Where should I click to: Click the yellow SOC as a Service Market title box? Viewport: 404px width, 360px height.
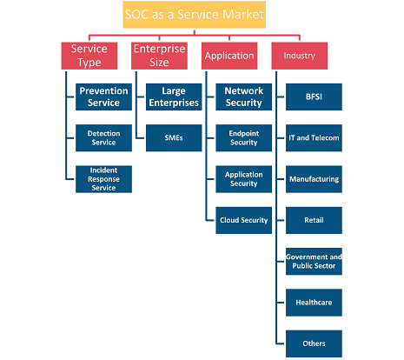[195, 15]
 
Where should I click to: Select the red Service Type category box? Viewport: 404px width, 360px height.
[89, 56]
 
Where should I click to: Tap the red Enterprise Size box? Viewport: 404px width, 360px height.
[159, 56]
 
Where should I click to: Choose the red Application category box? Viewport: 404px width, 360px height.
[229, 56]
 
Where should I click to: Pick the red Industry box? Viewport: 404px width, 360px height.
[300, 56]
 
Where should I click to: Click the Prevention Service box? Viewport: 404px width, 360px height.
[103, 97]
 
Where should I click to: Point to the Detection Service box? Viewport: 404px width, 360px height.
[103, 138]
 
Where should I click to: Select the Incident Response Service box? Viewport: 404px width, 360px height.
[103, 179]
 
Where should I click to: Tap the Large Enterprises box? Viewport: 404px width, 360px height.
[174, 97]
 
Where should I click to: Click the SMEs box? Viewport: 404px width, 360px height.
[174, 138]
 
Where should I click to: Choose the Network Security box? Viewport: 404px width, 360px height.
[244, 97]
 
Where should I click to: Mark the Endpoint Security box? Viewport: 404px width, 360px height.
[244, 138]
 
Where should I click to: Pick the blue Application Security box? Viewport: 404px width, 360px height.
[244, 179]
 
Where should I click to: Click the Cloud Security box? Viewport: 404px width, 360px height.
[244, 220]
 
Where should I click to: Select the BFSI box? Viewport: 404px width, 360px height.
[314, 97]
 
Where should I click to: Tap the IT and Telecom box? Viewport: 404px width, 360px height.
[314, 138]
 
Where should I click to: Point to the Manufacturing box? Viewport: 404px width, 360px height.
[314, 179]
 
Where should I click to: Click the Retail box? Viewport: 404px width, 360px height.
[314, 220]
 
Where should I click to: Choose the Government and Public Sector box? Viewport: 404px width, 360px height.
[314, 262]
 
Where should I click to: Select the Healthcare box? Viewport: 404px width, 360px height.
[314, 303]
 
